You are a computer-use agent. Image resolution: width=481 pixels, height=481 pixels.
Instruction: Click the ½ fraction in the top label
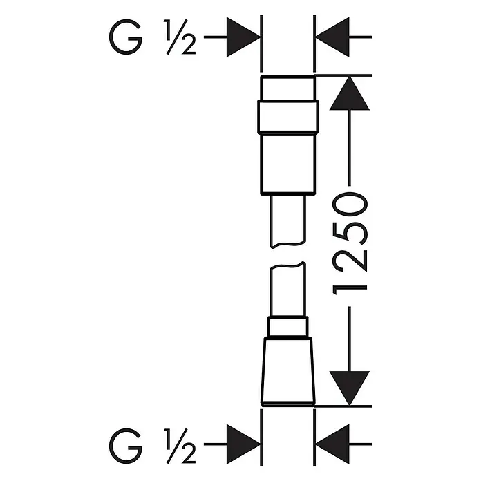click(180, 37)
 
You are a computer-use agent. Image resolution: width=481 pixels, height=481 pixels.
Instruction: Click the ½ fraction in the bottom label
click(180, 446)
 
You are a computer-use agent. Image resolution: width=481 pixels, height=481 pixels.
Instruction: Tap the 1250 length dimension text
click(350, 243)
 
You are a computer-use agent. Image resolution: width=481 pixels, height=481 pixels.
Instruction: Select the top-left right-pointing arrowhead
click(243, 37)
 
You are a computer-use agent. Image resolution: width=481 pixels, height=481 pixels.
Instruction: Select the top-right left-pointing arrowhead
click(332, 37)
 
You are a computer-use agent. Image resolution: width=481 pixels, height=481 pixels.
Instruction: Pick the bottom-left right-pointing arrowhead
click(243, 444)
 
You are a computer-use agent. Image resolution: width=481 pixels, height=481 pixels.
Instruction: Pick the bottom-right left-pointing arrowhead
click(332, 444)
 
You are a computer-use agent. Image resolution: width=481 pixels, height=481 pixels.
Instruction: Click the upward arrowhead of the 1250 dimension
click(350, 93)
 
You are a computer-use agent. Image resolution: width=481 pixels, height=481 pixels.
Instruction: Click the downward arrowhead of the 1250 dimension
click(350, 388)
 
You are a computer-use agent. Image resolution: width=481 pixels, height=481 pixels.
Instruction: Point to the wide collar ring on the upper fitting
click(287, 117)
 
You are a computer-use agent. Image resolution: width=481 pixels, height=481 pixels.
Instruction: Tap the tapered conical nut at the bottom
click(287, 371)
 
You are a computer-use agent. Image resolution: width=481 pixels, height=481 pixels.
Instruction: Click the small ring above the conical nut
click(287, 326)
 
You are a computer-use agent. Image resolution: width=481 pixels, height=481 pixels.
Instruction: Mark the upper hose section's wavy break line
click(287, 245)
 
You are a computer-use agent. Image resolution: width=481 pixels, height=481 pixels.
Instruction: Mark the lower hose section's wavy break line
click(287, 265)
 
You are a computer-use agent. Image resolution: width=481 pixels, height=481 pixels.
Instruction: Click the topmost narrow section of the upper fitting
click(287, 88)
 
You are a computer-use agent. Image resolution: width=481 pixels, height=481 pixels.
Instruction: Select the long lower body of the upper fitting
click(287, 164)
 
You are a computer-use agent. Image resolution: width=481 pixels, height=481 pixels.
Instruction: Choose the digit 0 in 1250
click(350, 204)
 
